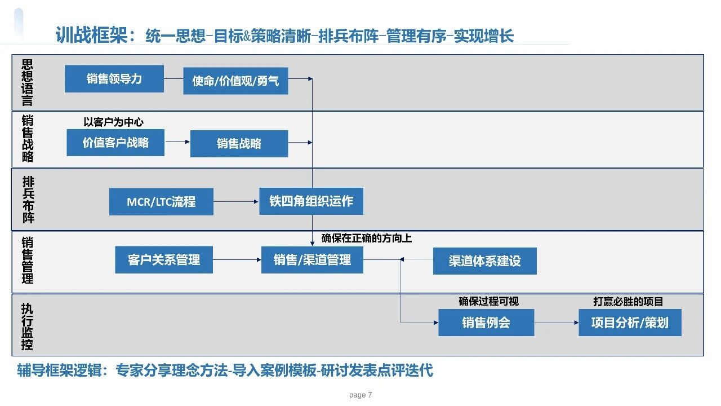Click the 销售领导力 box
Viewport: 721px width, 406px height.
pyautogui.click(x=114, y=79)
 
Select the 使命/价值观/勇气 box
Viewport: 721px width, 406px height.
pyautogui.click(x=235, y=81)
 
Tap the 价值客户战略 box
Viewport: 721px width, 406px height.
pyautogui.click(x=115, y=143)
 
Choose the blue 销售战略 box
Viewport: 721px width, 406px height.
pyautogui.click(x=239, y=144)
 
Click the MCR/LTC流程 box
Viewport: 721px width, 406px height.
pyautogui.click(x=161, y=202)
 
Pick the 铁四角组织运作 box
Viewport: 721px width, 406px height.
pyautogui.click(x=311, y=201)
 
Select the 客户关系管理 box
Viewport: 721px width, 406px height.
pyautogui.click(x=164, y=260)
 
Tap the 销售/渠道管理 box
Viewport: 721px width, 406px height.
pyautogui.click(x=312, y=260)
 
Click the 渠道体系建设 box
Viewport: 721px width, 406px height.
pyautogui.click(x=484, y=261)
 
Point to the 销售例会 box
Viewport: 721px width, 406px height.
pyautogui.click(x=486, y=323)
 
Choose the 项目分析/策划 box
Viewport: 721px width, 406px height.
pyautogui.click(x=630, y=323)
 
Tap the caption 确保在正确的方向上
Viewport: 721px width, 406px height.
pyautogui.click(x=366, y=239)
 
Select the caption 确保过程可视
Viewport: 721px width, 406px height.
pyautogui.click(x=488, y=302)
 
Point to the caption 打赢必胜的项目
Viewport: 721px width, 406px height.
pyautogui.click(x=628, y=302)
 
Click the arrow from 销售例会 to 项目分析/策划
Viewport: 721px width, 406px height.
pyautogui.click(x=557, y=323)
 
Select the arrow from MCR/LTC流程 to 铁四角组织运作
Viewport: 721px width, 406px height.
pyautogui.click(x=236, y=201)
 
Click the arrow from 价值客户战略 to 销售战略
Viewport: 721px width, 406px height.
pyautogui.click(x=177, y=143)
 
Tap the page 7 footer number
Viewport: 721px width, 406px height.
pyautogui.click(x=360, y=395)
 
